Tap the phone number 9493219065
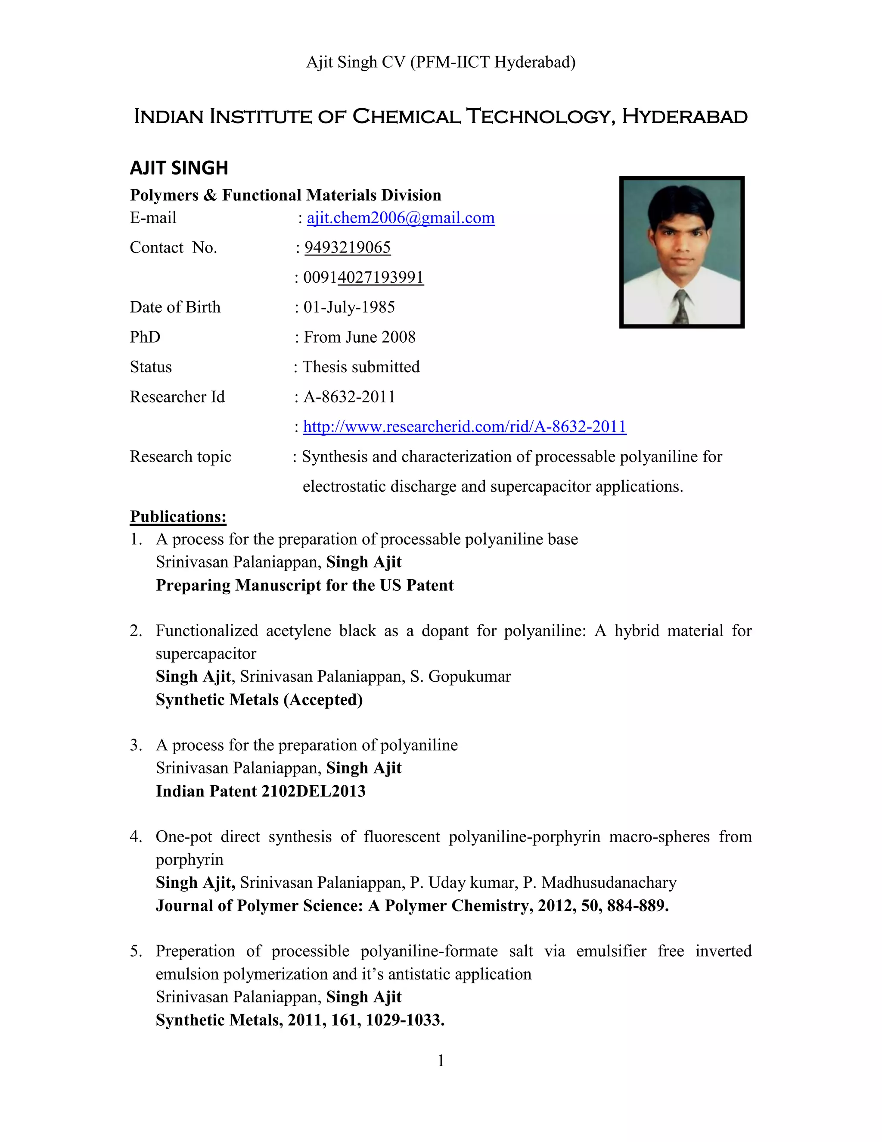(348, 247)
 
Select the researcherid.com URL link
(465, 427)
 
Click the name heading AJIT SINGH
(179, 168)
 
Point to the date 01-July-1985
(349, 307)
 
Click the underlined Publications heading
(178, 517)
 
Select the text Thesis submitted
(361, 367)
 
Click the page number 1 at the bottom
(441, 1061)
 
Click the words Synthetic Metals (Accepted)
(259, 699)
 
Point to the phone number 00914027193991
(363, 277)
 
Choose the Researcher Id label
(177, 397)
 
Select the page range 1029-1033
(404, 1020)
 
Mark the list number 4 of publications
(135, 836)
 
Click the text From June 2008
(360, 337)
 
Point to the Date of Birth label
(175, 307)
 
